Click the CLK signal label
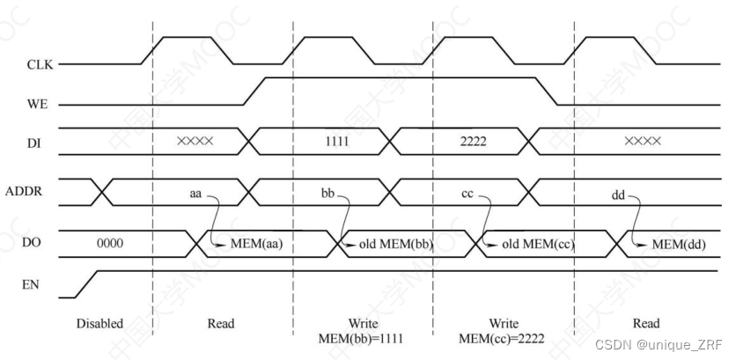(39, 64)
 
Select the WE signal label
(37, 104)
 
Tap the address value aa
(196, 191)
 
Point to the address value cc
(469, 191)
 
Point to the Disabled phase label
(100, 323)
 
